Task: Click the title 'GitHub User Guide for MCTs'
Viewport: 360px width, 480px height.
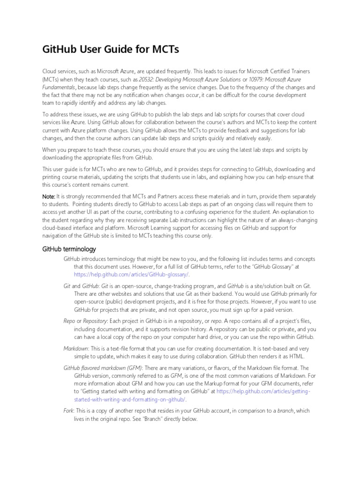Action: [x=111, y=49]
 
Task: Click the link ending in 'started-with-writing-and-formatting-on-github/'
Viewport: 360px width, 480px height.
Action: [x=130, y=399]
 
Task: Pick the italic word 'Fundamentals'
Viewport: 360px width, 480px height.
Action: [x=59, y=87]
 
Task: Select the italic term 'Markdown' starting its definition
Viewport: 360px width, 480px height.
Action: [x=75, y=348]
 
